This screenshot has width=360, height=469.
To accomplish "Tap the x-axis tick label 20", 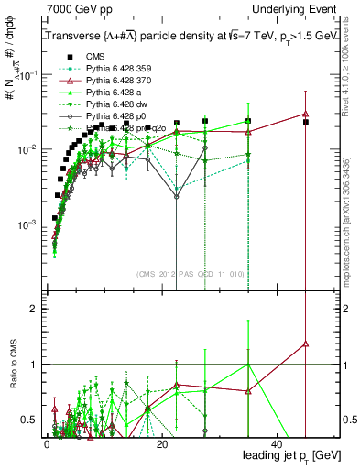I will (x=162, y=443).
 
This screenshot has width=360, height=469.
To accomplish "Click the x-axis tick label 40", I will (x=278, y=443).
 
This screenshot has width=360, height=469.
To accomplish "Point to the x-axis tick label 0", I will (x=47, y=443).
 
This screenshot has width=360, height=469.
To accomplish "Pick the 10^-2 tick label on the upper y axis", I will (x=26, y=149).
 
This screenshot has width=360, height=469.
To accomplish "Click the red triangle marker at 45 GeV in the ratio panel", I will (x=306, y=344).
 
